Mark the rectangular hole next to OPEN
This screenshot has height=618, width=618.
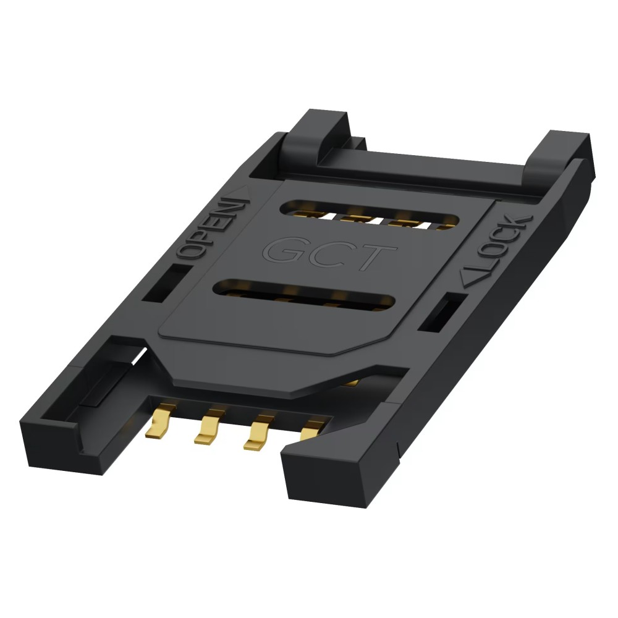pos(164,283)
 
